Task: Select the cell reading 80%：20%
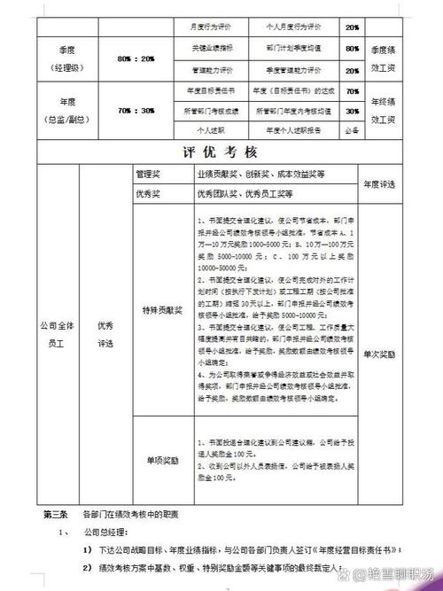135,59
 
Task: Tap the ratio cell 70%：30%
135,112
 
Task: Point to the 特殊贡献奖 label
161,312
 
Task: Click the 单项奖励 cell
161,461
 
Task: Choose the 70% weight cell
353,91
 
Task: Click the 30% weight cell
353,112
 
